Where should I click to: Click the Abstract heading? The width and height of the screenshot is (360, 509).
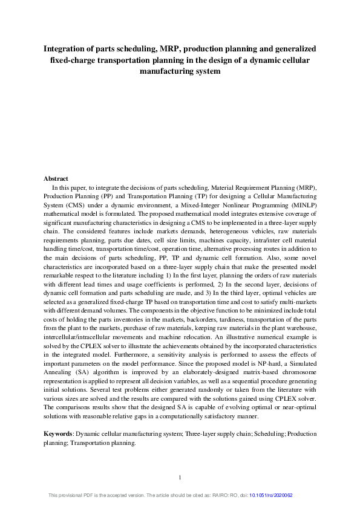coord(56,178)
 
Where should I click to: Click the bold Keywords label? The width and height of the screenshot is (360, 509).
coord(59,434)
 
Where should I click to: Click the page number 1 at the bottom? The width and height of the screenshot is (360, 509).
coord(180,478)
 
